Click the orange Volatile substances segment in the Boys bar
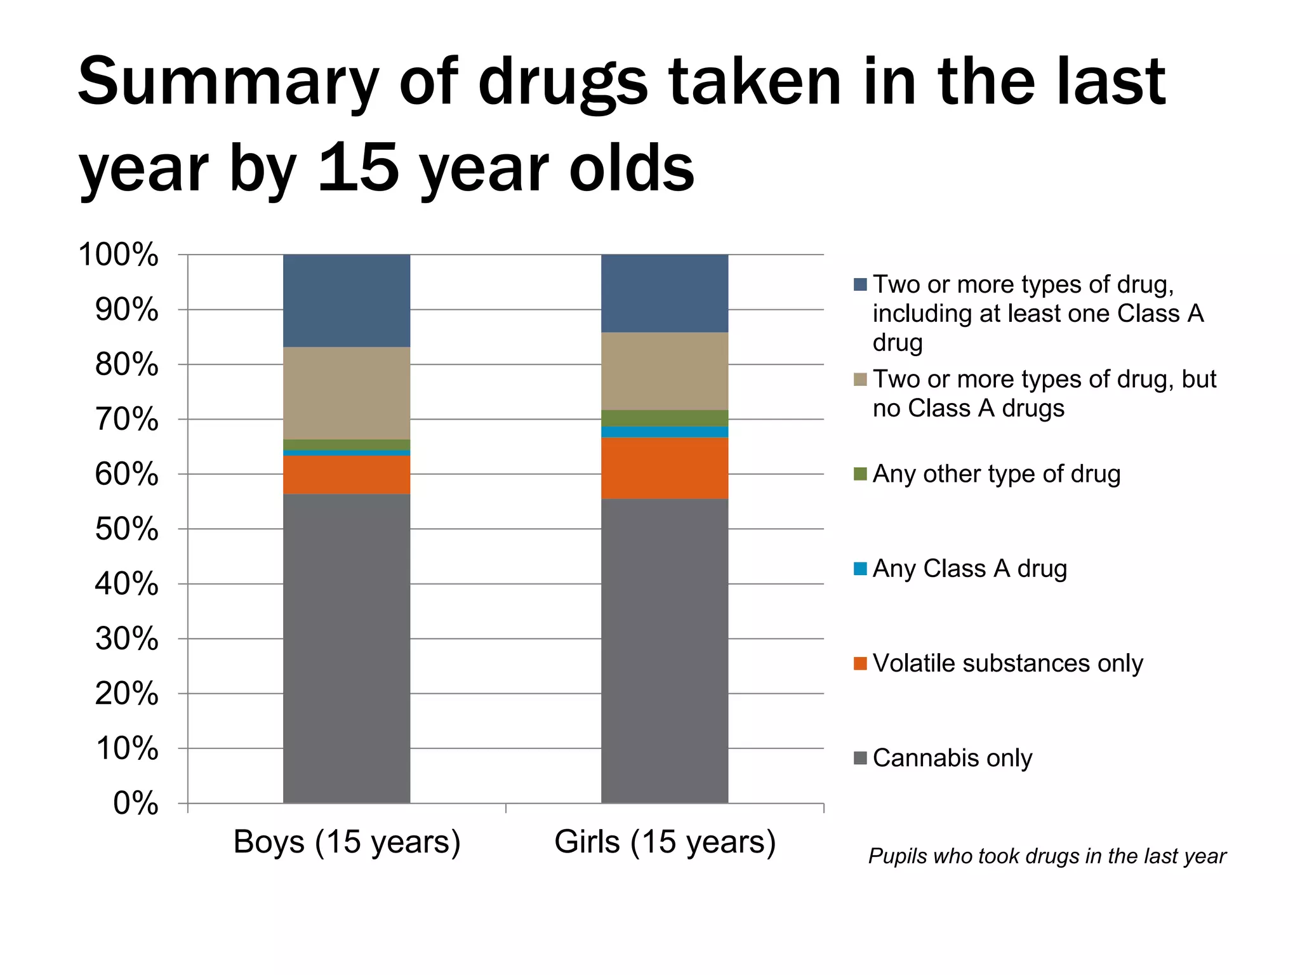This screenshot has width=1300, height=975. click(x=347, y=474)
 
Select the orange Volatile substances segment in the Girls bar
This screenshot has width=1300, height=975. click(x=665, y=468)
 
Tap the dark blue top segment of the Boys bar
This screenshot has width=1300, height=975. click(x=347, y=300)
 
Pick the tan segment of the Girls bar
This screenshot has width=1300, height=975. click(x=665, y=371)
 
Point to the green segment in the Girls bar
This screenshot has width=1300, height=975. click(x=665, y=418)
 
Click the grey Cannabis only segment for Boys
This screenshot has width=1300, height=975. click(x=347, y=647)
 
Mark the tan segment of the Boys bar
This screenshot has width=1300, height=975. click(x=347, y=392)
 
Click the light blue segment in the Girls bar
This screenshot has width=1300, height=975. click(x=665, y=432)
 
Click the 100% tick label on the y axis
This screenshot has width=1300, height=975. click(x=118, y=255)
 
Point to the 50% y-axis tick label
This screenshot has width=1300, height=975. click(x=126, y=529)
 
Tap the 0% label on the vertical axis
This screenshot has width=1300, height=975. click(x=135, y=804)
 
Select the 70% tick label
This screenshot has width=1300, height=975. click(x=126, y=420)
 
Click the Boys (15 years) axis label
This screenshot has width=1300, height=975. click(x=347, y=842)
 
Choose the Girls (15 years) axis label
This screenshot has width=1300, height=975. click(x=665, y=842)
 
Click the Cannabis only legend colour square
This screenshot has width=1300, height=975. click(x=860, y=758)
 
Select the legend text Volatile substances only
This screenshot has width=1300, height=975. click(x=1007, y=663)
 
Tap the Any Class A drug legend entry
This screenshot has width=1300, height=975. click(x=969, y=569)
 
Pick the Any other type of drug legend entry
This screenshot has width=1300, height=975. click(x=996, y=474)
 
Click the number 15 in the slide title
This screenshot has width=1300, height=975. click(x=359, y=168)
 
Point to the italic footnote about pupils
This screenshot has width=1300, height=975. click(x=1047, y=856)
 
